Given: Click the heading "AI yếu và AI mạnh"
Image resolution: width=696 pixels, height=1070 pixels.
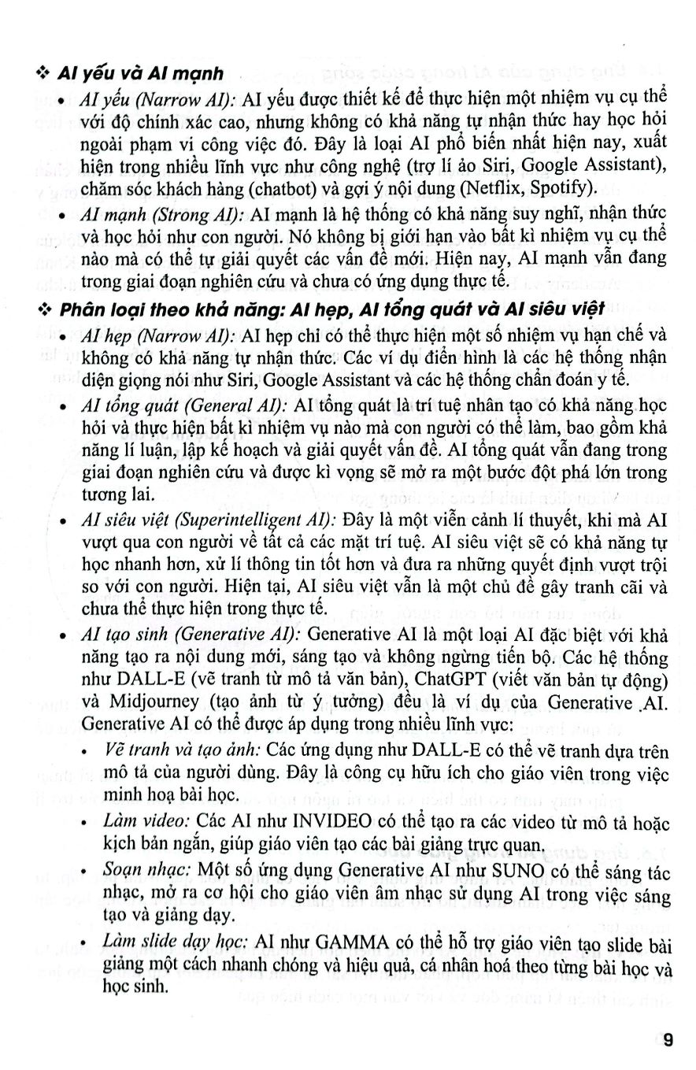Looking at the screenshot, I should [x=141, y=74].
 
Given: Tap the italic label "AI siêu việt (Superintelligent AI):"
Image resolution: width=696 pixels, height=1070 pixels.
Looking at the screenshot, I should [x=209, y=521].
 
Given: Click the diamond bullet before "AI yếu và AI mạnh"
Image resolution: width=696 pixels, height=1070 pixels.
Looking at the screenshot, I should [x=43, y=75].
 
